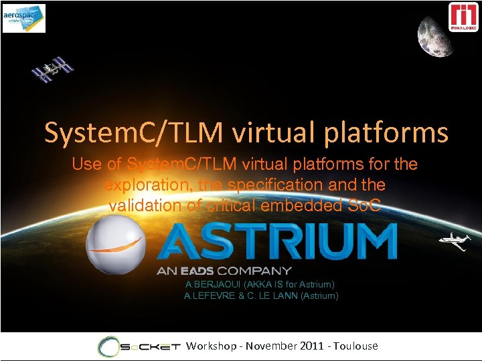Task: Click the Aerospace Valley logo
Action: point(24,18)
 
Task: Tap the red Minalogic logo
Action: point(463,17)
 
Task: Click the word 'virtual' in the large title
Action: point(274,133)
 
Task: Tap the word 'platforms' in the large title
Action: point(387,133)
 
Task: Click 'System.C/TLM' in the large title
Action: point(135,133)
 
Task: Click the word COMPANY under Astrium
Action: point(258,271)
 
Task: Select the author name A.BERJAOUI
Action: point(211,285)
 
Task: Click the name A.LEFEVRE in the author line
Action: point(210,295)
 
